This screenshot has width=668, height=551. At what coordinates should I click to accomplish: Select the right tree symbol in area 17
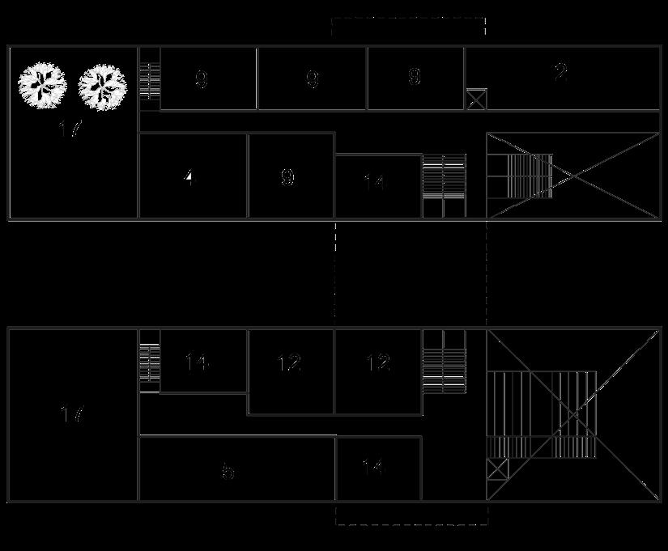103,85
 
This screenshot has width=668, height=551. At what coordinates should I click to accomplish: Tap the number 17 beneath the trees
71,128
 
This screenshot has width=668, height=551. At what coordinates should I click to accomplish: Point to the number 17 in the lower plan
72,415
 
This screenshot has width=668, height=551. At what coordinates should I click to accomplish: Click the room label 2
560,74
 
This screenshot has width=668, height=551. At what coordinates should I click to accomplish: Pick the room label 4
189,177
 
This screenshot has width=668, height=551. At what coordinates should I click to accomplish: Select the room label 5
228,471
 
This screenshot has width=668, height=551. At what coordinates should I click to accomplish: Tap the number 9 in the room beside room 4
287,177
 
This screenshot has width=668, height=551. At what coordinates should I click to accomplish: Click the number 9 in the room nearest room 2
415,77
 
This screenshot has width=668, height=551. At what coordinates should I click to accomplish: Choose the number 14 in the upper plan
373,182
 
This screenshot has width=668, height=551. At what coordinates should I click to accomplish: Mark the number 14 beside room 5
373,468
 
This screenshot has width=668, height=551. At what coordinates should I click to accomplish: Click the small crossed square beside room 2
475,100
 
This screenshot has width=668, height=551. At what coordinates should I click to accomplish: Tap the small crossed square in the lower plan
497,469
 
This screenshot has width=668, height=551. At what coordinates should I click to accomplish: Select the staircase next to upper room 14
445,185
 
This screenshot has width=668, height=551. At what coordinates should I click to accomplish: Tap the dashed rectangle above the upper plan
408,26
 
